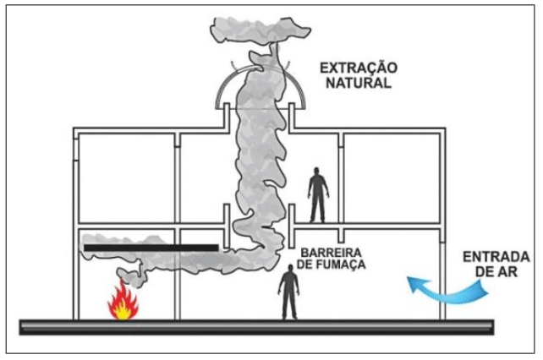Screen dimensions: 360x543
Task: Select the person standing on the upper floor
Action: (318, 194)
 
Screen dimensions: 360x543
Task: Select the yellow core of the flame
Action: (123, 310)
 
